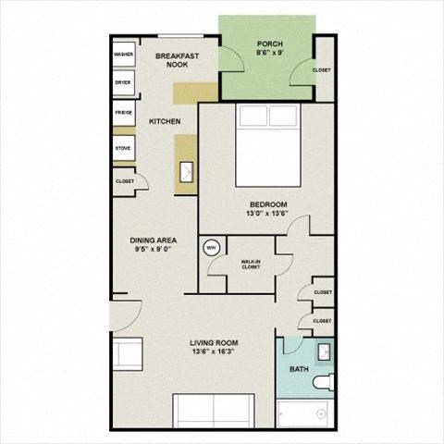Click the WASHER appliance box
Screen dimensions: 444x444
pos(123,55)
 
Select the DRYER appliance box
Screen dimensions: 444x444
pos(123,83)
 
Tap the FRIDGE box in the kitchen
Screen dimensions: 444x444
pos(123,113)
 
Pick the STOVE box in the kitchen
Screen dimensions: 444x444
pos(123,148)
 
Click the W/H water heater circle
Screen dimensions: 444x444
pos(210,248)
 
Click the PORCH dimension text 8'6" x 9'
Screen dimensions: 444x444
pos(270,54)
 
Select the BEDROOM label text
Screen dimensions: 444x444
pos(268,204)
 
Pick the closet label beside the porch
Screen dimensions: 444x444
pos(321,70)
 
